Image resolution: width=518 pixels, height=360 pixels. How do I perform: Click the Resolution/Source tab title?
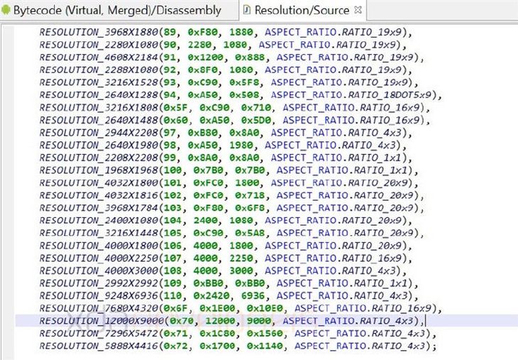[x=302, y=10]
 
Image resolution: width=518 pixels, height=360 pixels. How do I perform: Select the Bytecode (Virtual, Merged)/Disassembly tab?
[x=117, y=10]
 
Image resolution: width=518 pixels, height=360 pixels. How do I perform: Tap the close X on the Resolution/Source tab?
[x=358, y=10]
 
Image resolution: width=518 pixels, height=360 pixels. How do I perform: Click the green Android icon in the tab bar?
[x=6, y=10]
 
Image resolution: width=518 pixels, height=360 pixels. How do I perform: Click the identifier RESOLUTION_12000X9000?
[x=101, y=321]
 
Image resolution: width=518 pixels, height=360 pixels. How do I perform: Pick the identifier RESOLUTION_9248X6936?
[x=99, y=295]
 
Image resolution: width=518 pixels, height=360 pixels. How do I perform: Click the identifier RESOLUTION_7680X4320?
[x=99, y=308]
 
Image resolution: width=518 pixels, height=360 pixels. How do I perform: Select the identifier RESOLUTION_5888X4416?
[x=99, y=346]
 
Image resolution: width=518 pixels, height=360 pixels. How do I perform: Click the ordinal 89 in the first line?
[x=170, y=32]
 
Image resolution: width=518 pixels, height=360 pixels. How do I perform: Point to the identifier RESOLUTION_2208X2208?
[x=99, y=158]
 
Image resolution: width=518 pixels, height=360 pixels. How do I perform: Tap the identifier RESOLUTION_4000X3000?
[x=99, y=271]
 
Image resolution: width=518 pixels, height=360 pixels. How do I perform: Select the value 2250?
[x=241, y=258]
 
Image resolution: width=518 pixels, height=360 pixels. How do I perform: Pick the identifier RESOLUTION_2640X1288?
[x=99, y=95]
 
